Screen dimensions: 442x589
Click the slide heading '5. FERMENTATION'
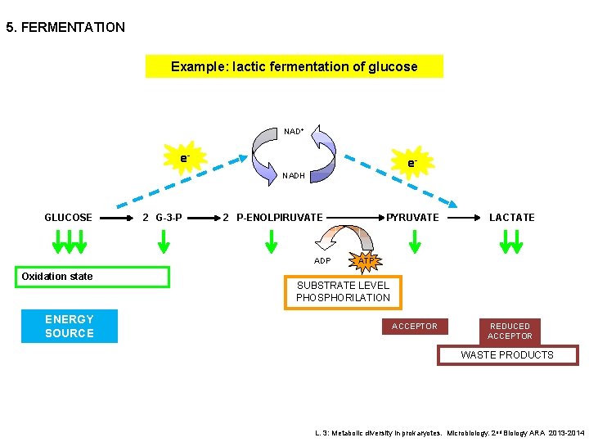coord(65,28)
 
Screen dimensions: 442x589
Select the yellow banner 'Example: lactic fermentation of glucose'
coord(294,66)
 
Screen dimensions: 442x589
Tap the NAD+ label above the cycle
coord(294,131)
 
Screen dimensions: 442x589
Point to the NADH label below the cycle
coord(294,175)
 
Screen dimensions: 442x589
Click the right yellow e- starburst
coord(412,163)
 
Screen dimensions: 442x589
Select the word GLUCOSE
coord(68,218)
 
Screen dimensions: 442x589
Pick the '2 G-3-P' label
coord(162,218)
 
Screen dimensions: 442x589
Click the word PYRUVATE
coord(412,218)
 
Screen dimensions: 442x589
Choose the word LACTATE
coord(511,218)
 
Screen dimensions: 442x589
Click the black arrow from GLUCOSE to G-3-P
coord(118,218)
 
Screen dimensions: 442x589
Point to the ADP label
coord(322,261)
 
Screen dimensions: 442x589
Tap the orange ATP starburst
coord(366,260)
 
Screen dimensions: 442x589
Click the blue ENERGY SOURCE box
coord(70,326)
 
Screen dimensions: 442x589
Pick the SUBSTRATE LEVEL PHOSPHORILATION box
coord(343,292)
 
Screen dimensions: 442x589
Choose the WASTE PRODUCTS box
coord(507,355)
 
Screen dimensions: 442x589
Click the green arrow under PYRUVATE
coord(415,241)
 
